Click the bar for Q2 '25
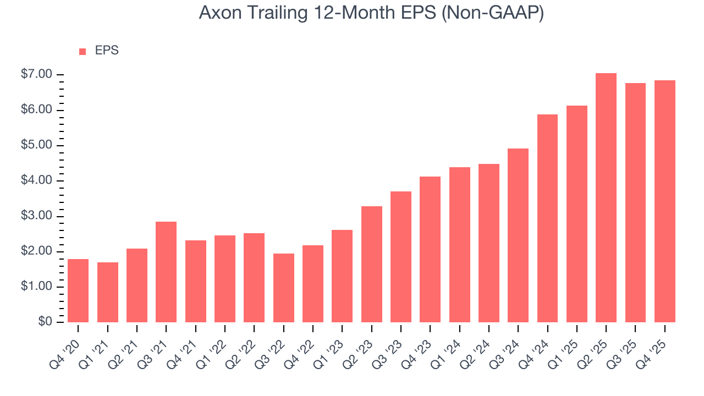click(606, 198)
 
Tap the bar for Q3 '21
click(166, 272)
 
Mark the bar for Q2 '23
click(371, 264)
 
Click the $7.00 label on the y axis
click(37, 74)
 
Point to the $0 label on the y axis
click(45, 322)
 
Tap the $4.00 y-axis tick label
click(37, 180)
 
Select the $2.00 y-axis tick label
click(37, 251)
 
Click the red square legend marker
click(82, 52)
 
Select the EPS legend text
click(107, 51)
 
